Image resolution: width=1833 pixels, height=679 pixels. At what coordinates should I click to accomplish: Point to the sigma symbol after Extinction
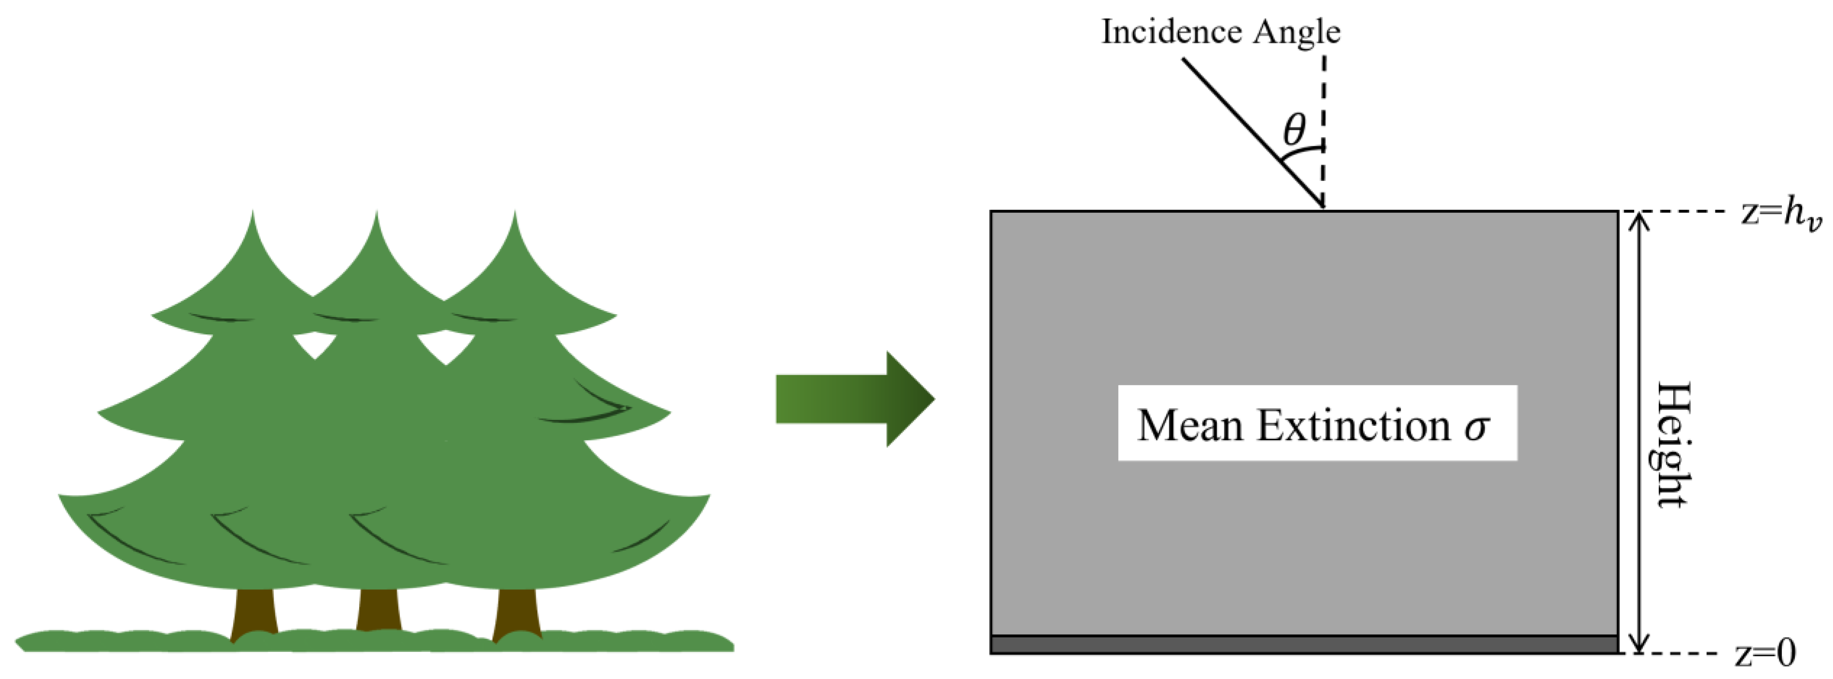point(1476,427)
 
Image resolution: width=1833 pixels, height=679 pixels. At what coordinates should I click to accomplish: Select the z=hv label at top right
point(1781,213)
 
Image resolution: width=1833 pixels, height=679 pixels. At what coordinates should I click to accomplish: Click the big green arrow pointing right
point(854,399)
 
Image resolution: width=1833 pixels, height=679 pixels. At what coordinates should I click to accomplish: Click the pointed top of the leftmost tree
point(252,217)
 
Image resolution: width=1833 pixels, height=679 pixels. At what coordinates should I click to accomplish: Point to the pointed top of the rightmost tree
point(514,217)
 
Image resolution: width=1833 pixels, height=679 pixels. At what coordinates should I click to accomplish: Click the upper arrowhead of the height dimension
point(1639,221)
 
